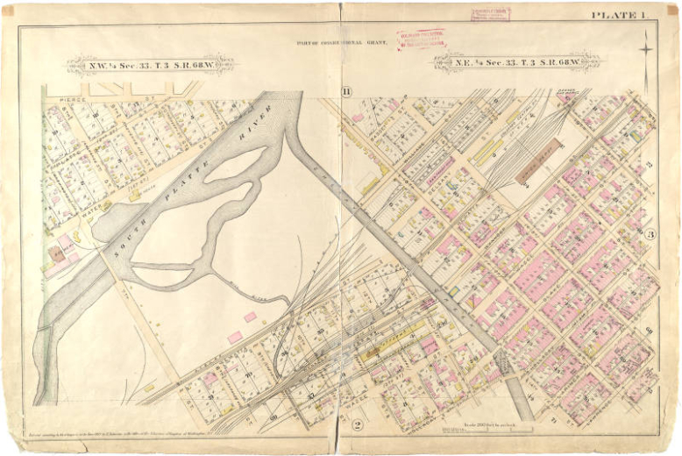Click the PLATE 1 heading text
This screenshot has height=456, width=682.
(618, 14)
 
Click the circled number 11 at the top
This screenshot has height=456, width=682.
(346, 92)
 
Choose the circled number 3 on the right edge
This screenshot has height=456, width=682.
(650, 234)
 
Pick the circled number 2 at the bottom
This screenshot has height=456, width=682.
(357, 425)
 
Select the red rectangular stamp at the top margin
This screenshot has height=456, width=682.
(490, 13)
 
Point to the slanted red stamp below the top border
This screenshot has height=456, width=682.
(421, 39)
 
